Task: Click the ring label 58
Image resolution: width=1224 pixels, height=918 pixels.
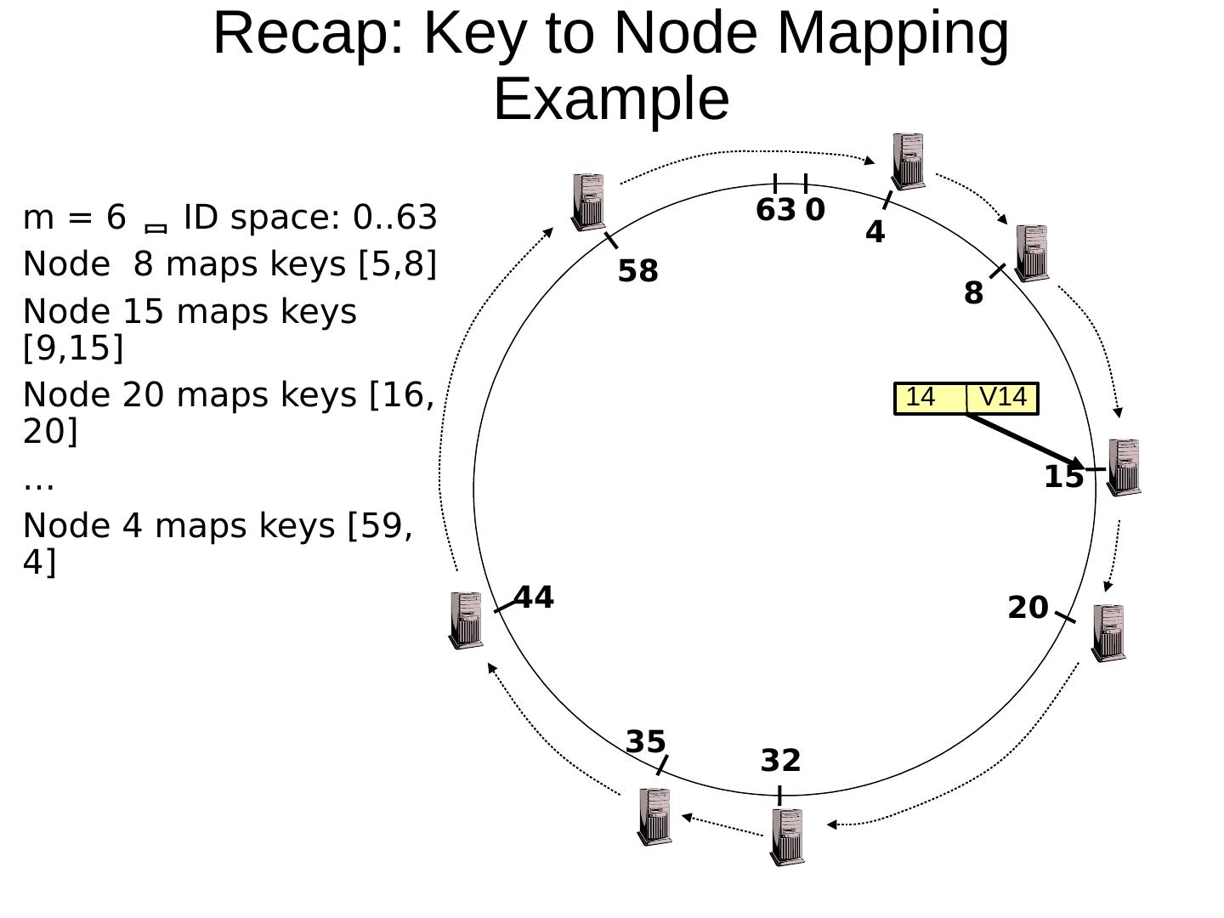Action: (637, 272)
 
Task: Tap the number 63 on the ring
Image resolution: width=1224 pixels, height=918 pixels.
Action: (775, 210)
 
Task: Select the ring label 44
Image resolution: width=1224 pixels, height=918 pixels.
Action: (534, 598)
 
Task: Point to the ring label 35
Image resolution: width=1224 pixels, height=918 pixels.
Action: (646, 742)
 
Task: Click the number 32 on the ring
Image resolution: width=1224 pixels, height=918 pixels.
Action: (780, 761)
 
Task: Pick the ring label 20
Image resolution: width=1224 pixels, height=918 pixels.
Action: (1028, 608)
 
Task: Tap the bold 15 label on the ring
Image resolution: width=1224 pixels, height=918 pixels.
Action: (1063, 478)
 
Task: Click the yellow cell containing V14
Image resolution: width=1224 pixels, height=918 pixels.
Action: (1003, 398)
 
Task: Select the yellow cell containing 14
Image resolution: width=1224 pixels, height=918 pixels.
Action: (930, 398)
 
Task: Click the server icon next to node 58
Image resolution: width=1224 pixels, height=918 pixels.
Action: (588, 202)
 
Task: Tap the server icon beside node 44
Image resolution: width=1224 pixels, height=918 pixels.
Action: (466, 620)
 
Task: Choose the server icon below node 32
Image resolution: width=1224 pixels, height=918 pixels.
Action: (787, 836)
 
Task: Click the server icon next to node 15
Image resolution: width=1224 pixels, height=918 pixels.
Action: (1124, 467)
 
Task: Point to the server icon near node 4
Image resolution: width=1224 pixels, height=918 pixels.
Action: (909, 161)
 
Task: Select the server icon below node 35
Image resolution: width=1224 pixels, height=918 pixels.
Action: (654, 817)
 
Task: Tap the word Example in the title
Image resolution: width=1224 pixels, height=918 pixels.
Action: (611, 99)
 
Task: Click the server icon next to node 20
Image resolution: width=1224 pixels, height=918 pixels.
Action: (1108, 632)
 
